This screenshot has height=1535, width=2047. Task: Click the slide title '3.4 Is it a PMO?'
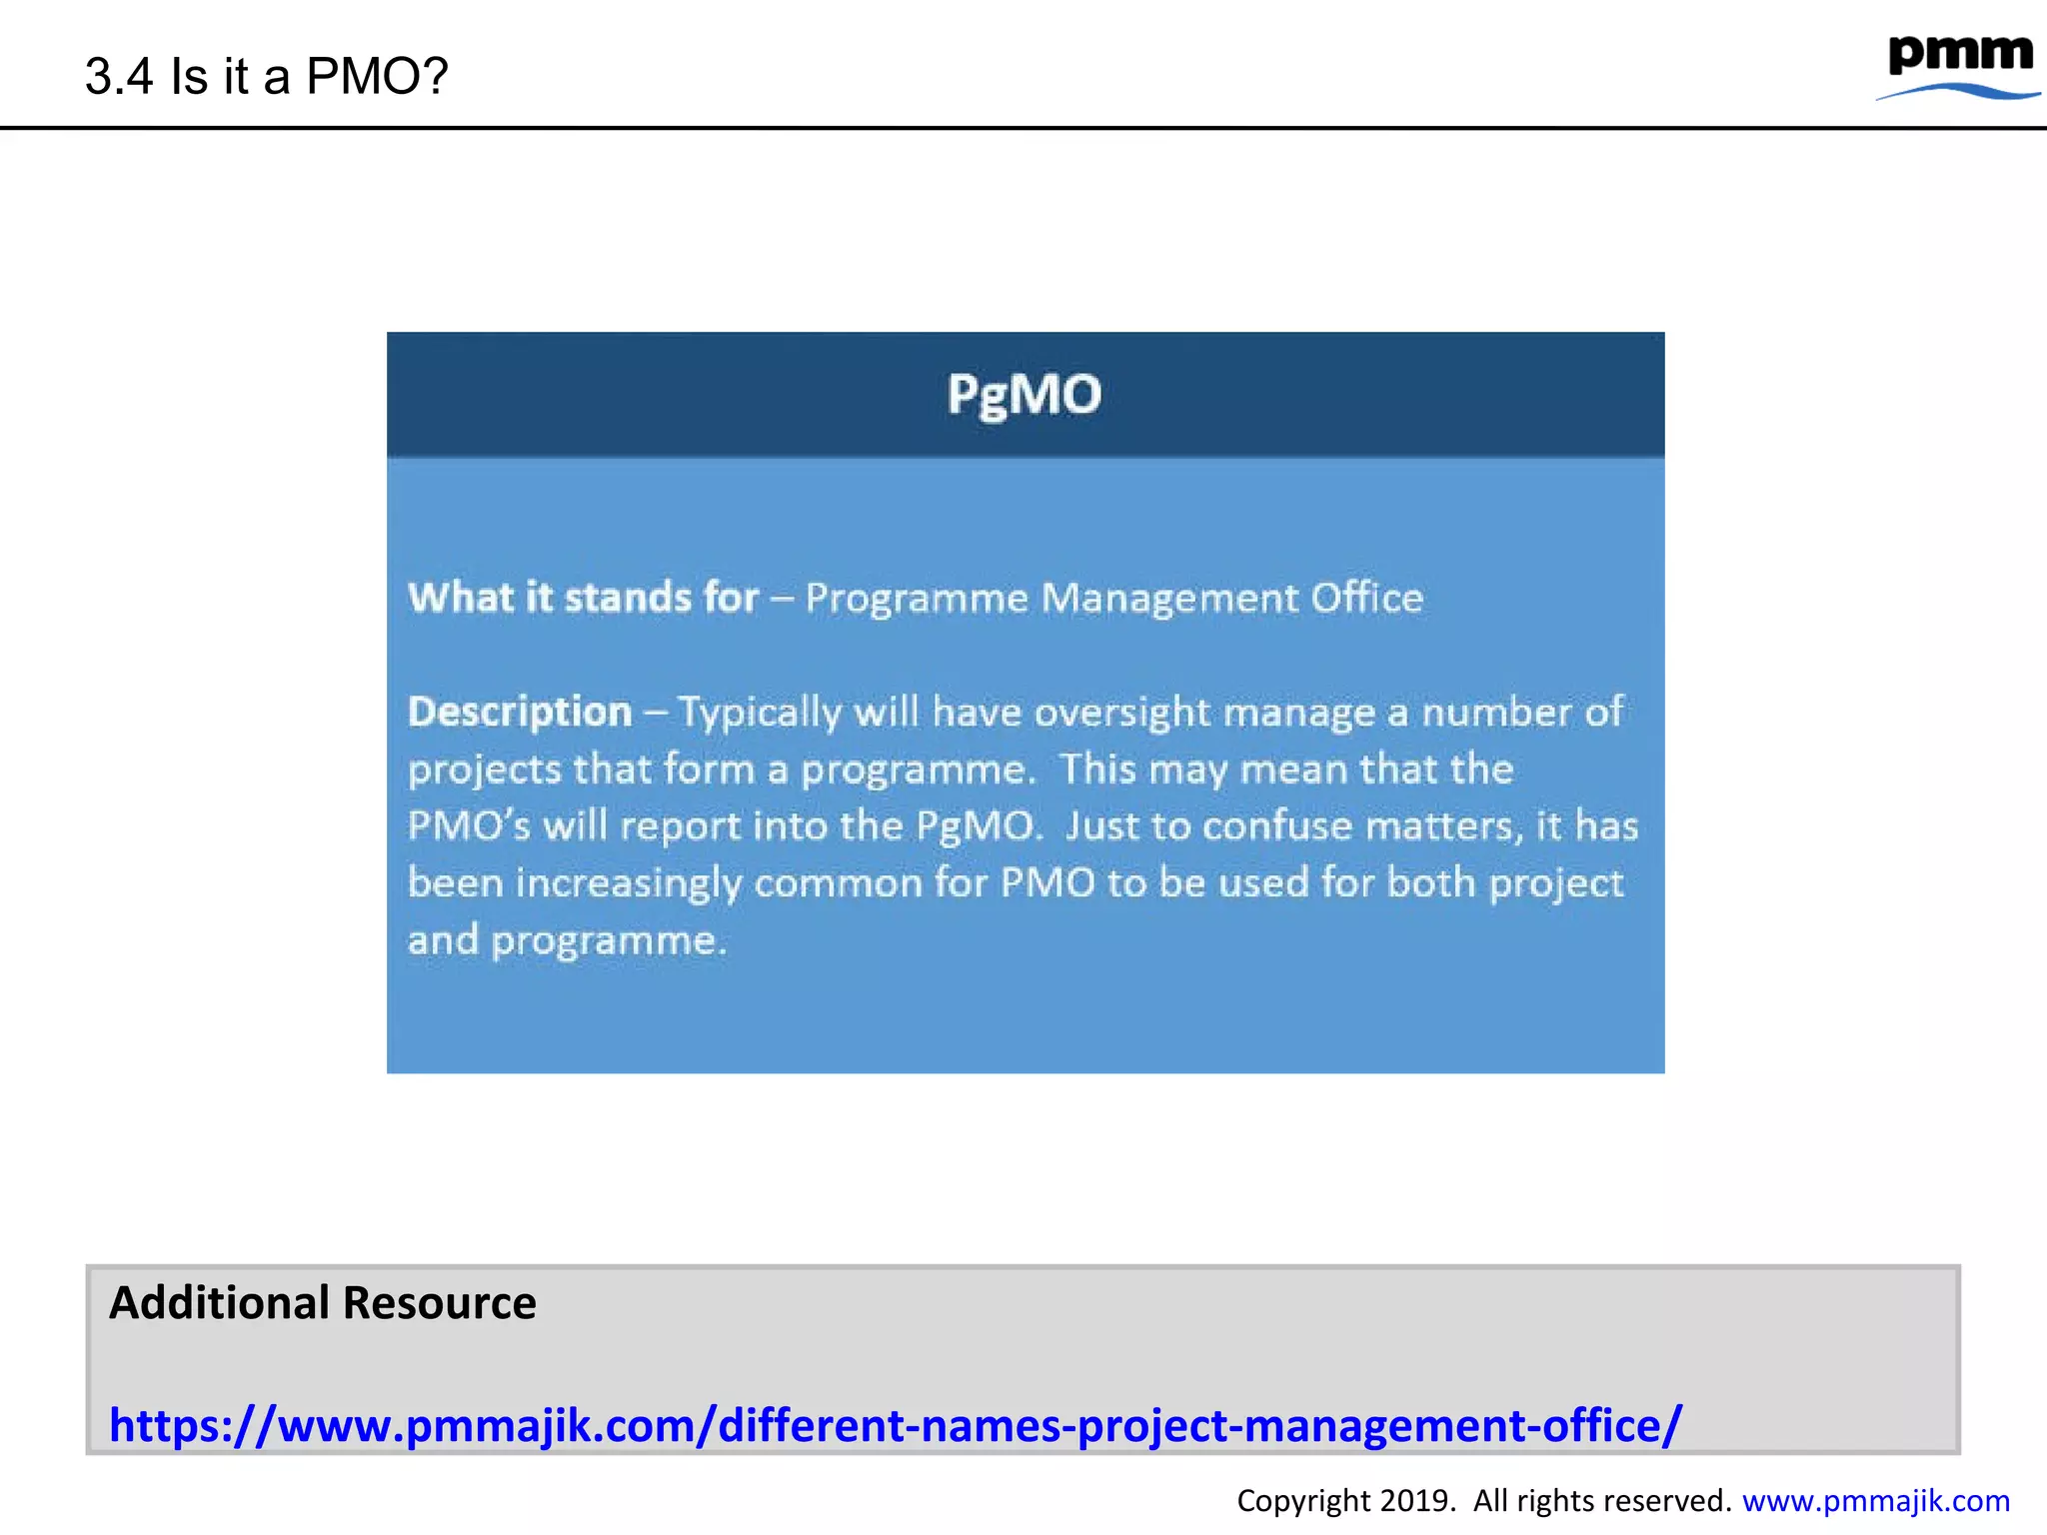[266, 76]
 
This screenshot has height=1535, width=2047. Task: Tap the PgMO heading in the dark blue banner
[1024, 394]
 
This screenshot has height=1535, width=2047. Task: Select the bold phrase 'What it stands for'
[583, 598]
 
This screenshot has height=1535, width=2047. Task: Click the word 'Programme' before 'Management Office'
[917, 599]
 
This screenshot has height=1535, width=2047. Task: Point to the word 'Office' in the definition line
[1366, 598]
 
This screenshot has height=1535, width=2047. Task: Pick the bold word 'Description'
[520, 712]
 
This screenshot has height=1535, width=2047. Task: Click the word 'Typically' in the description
[760, 714]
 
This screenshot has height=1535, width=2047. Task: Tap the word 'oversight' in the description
[1122, 714]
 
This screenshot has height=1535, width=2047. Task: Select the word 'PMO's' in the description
[468, 826]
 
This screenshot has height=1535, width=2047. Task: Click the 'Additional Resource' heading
[322, 1303]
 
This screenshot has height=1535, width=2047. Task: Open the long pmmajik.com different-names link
[895, 1425]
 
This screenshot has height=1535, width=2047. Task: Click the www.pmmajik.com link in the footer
[1875, 1501]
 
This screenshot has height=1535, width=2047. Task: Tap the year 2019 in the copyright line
[1416, 1501]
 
